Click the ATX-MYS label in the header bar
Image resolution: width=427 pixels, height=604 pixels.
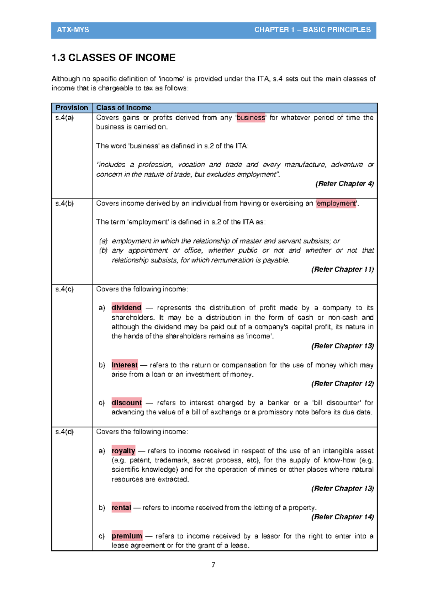click(x=73, y=30)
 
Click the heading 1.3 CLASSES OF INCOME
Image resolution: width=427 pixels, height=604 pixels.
click(x=114, y=58)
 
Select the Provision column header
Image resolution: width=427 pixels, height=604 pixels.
click(x=72, y=108)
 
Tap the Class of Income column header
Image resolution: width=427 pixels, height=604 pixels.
click(x=123, y=108)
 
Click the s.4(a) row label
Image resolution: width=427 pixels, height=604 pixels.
click(x=64, y=118)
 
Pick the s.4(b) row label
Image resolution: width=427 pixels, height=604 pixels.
click(x=64, y=203)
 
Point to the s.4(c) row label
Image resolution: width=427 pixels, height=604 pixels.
click(x=64, y=289)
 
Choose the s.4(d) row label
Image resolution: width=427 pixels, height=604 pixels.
click(x=64, y=432)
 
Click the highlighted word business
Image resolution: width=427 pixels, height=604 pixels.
click(x=251, y=118)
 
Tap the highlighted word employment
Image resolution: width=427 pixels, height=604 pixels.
click(x=336, y=203)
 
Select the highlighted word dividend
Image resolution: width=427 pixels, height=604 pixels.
click(x=126, y=308)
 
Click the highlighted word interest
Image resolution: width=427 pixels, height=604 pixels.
click(x=125, y=365)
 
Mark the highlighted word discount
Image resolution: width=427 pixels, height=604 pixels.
click(x=126, y=403)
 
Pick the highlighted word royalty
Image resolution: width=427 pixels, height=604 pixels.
click(x=123, y=451)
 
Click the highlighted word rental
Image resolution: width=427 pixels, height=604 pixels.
click(x=121, y=508)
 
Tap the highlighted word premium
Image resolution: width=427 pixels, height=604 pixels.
click(x=127, y=536)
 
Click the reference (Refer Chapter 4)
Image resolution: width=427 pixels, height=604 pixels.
click(x=344, y=184)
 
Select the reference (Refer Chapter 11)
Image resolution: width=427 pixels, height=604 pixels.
click(x=342, y=270)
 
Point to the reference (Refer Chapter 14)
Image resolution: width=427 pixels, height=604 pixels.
click(x=342, y=517)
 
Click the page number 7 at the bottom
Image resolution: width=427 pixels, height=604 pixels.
click(x=213, y=565)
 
